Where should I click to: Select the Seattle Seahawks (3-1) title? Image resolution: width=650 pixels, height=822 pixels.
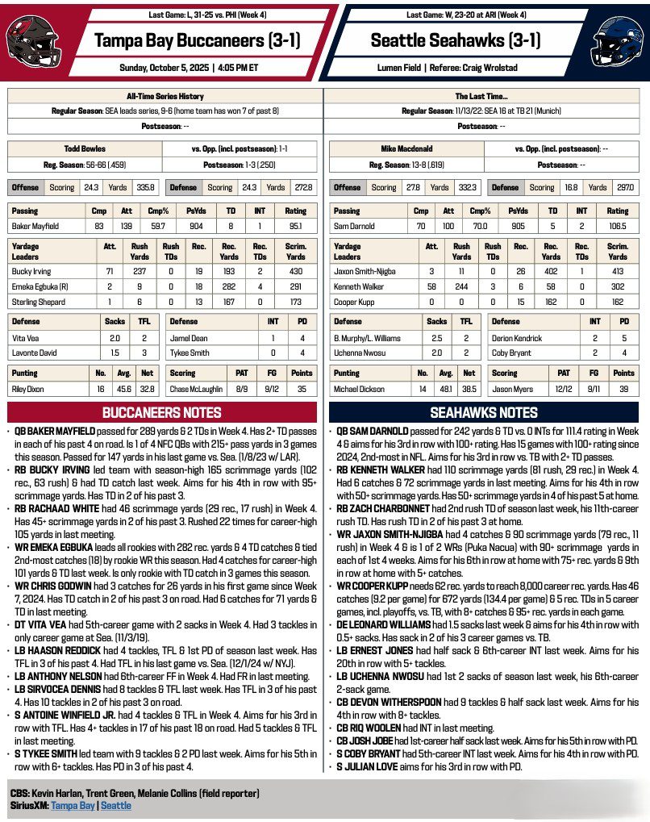pos(456,40)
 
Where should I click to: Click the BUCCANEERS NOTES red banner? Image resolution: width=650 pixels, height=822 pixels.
pos(162,412)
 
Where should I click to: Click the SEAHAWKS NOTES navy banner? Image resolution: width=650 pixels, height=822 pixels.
pos(487,412)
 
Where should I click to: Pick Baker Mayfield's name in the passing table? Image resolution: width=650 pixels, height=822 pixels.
pos(35,227)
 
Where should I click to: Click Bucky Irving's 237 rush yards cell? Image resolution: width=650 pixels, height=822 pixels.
pos(140,272)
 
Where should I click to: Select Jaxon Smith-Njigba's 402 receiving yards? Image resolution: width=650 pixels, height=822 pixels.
pos(552,272)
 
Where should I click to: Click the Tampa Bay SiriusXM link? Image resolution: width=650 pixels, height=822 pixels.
pos(73,805)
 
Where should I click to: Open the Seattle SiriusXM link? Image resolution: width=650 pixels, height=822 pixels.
pos(115,805)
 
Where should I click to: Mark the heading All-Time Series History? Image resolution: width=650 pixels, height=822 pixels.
pos(164,95)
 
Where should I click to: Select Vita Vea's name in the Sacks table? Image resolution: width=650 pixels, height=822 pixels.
pos(25,338)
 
